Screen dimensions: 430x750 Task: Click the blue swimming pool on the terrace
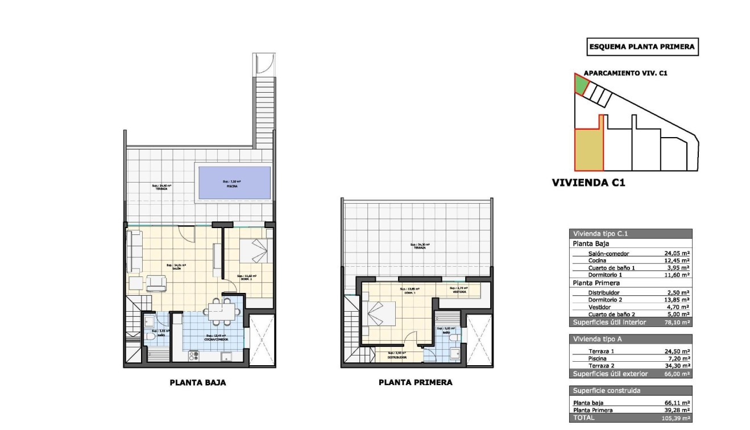click(233, 183)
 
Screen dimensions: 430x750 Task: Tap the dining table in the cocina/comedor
click(218, 311)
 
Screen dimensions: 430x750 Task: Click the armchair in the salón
click(155, 282)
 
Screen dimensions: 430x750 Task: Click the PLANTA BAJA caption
click(198, 383)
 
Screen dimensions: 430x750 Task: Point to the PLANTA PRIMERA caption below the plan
click(416, 383)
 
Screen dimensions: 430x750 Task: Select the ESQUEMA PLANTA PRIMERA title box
click(642, 47)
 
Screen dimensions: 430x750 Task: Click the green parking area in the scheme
click(579, 85)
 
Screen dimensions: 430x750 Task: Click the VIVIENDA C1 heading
click(589, 183)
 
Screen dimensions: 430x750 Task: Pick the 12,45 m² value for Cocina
click(677, 261)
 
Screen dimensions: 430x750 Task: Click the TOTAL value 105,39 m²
click(677, 418)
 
